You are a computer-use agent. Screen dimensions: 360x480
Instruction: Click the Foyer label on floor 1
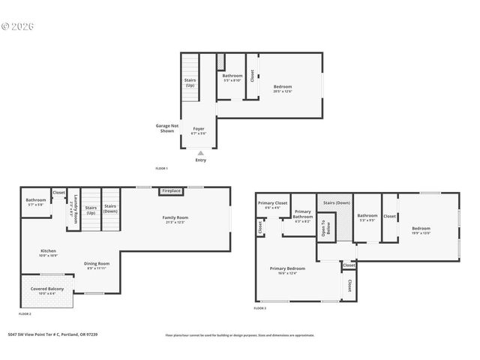click(199, 129)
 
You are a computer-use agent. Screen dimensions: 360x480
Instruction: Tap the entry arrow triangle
click(200, 152)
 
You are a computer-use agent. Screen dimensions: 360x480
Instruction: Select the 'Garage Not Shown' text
click(166, 128)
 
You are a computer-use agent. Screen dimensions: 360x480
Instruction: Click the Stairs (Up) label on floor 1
click(190, 82)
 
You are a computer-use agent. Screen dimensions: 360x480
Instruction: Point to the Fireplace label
click(171, 190)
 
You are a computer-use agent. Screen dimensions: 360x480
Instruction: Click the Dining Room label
click(96, 263)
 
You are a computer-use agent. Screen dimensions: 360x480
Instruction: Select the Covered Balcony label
click(46, 289)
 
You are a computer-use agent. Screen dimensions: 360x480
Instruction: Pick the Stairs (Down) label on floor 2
click(110, 208)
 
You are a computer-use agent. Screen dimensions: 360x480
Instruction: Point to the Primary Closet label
click(272, 203)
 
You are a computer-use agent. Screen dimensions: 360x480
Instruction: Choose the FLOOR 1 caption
click(161, 169)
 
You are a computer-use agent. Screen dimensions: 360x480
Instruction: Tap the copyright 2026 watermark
click(18, 25)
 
